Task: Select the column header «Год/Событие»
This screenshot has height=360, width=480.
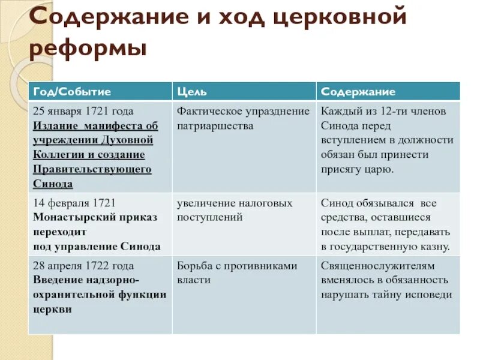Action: (73, 92)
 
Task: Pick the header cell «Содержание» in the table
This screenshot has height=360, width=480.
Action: (358, 92)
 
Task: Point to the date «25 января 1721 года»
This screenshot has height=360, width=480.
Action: (83, 112)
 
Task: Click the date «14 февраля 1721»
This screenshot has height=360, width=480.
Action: (75, 203)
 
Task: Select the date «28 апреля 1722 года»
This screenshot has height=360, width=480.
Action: (83, 265)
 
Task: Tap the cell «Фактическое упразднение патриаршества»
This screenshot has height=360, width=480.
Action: (243, 119)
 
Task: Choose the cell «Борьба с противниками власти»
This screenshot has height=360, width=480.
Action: (237, 272)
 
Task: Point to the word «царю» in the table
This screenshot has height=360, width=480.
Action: (379, 169)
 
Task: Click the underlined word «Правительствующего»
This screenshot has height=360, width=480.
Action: (92, 169)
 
